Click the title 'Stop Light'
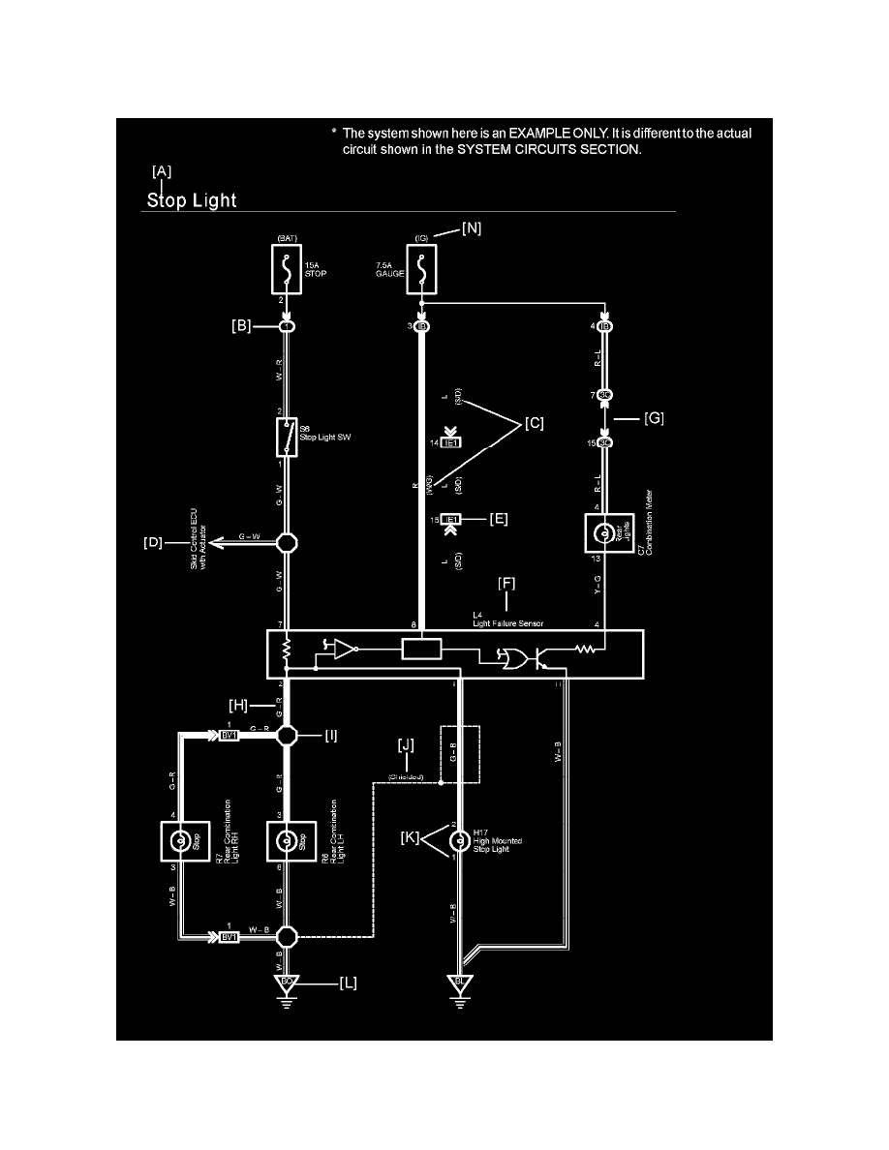[x=192, y=201]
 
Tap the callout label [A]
[x=162, y=170]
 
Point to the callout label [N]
[x=471, y=228]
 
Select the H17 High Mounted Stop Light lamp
[x=451, y=841]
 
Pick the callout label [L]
[x=349, y=983]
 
